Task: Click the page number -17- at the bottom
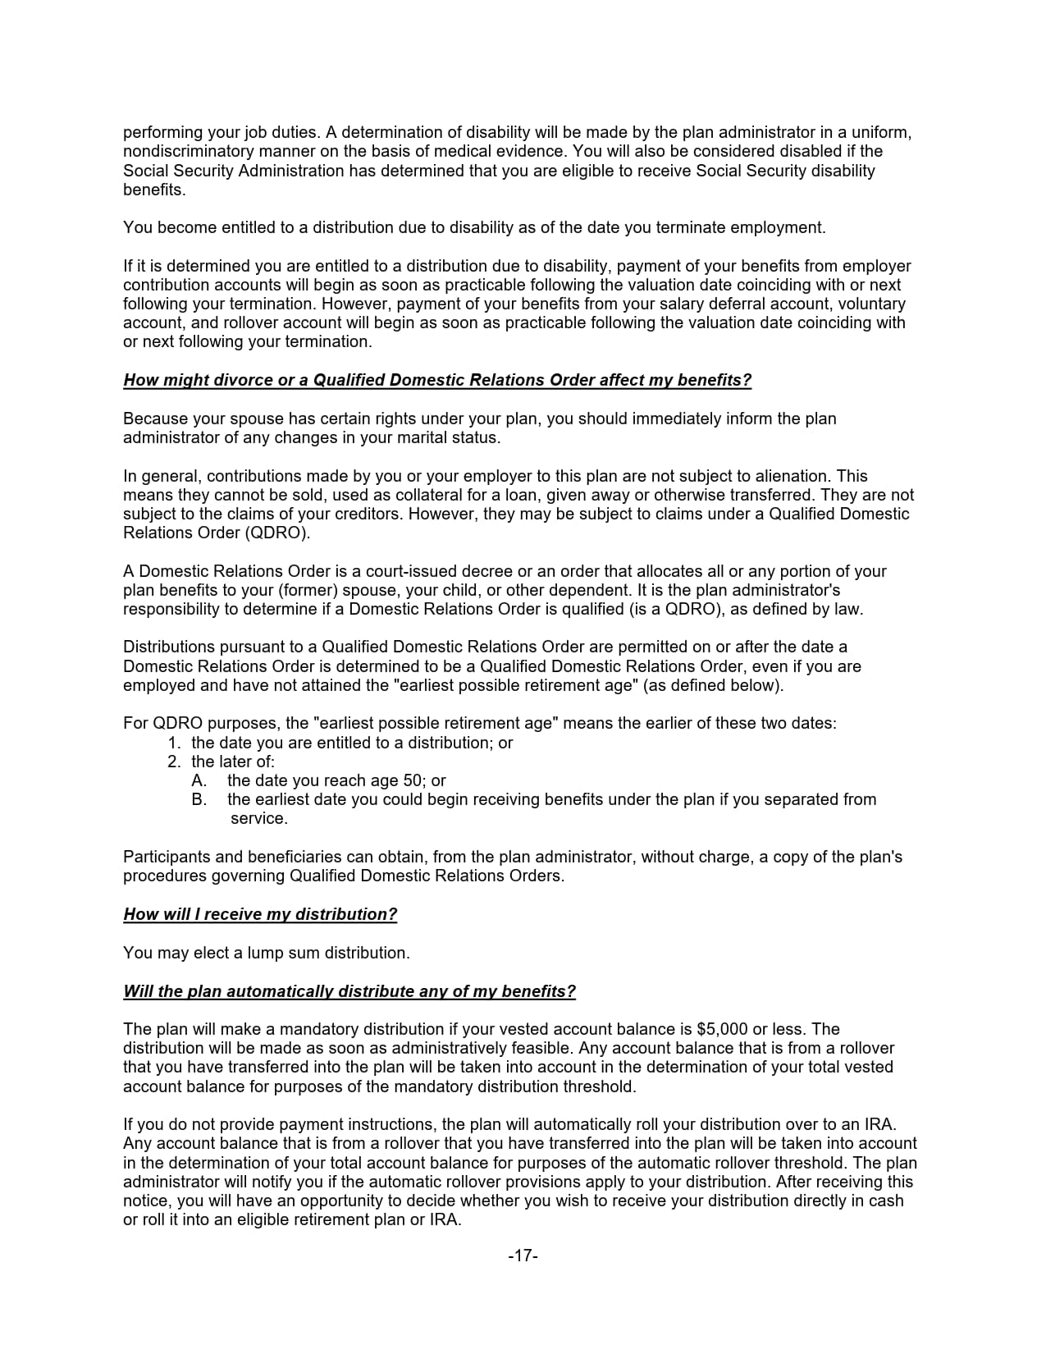click(523, 1256)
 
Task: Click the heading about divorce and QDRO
click(437, 380)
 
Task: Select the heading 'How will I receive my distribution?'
click(260, 914)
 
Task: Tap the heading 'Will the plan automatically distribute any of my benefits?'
click(349, 991)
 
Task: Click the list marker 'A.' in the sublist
click(199, 780)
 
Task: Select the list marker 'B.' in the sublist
click(199, 799)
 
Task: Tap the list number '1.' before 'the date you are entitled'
click(174, 743)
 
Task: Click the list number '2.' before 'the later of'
click(174, 762)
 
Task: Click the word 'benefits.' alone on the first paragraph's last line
click(154, 190)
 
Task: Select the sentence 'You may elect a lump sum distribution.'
click(266, 953)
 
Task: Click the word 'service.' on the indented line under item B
click(259, 818)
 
